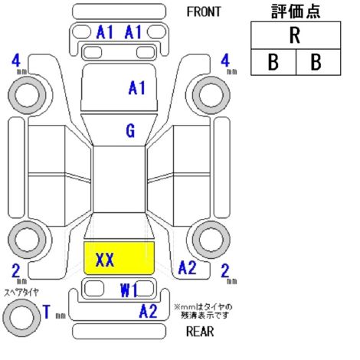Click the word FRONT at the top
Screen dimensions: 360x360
pyautogui.click(x=204, y=11)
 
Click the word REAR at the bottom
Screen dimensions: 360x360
pyautogui.click(x=200, y=332)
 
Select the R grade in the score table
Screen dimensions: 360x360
pyautogui.click(x=295, y=35)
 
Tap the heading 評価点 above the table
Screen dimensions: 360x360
pyautogui.click(x=296, y=11)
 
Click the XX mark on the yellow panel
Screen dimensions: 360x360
pyautogui.click(x=105, y=260)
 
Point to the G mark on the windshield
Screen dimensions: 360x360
pyautogui.click(x=130, y=131)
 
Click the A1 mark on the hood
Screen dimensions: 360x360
pyautogui.click(x=137, y=88)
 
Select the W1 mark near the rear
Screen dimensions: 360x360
pyautogui.click(x=129, y=290)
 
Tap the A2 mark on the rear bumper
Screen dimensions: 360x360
pyautogui.click(x=148, y=311)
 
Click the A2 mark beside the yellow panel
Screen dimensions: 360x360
pyautogui.click(x=187, y=267)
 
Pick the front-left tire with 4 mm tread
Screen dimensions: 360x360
pyautogui.click(x=28, y=95)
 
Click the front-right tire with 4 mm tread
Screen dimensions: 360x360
pyautogui.click(x=211, y=95)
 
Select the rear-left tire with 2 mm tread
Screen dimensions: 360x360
pyautogui.click(x=28, y=240)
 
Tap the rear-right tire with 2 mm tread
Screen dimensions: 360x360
pyautogui.click(x=211, y=240)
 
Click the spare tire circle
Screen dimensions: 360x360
pyautogui.click(x=21, y=318)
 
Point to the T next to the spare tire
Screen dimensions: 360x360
pyautogui.click(x=47, y=312)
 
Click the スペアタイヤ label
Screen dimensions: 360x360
pyautogui.click(x=21, y=293)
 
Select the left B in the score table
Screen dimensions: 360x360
pyautogui.click(x=273, y=62)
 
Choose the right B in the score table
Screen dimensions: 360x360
pyautogui.click(x=316, y=62)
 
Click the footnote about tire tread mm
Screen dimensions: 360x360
pyautogui.click(x=203, y=311)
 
